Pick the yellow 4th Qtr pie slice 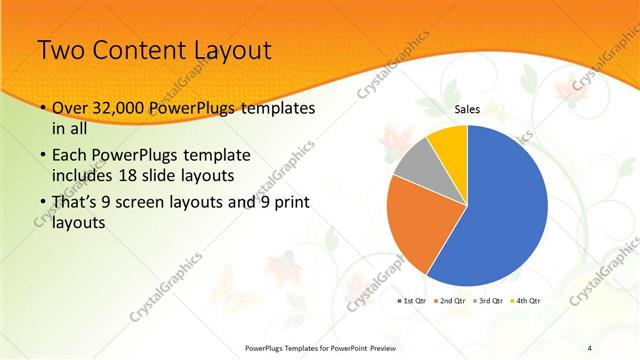(450, 143)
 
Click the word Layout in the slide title (229, 50)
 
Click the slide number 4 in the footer (591, 348)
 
